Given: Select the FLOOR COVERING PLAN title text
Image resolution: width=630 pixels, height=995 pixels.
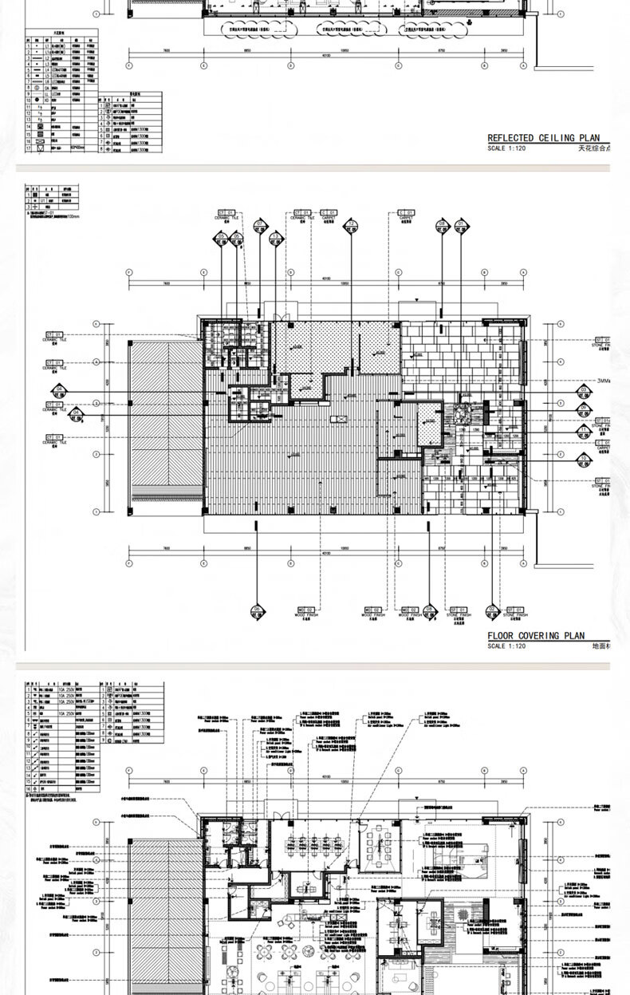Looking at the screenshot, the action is [536, 636].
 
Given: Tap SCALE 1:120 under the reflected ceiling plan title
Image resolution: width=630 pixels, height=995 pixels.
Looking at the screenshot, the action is [506, 148].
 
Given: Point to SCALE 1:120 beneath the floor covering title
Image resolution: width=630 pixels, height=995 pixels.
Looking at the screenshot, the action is [506, 646].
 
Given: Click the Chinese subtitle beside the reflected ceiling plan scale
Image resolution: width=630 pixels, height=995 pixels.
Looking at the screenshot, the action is [594, 148].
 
